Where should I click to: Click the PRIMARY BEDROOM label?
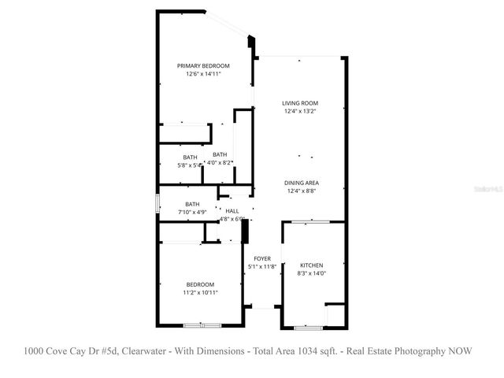203,65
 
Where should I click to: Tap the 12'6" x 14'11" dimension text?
203,74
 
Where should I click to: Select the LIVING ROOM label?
300,103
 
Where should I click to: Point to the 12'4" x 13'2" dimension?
300,112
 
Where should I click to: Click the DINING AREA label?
302,183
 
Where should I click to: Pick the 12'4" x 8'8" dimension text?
302,191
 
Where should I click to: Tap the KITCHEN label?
312,265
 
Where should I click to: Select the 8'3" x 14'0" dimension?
312,274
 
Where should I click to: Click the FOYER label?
262,258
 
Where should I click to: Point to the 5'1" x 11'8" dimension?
262,267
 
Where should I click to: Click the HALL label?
232,211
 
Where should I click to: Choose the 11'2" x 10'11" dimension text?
200,293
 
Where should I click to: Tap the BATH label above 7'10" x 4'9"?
192,204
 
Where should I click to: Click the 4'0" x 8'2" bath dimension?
220,162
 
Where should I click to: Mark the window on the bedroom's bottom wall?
202,325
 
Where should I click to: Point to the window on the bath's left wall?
157,203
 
